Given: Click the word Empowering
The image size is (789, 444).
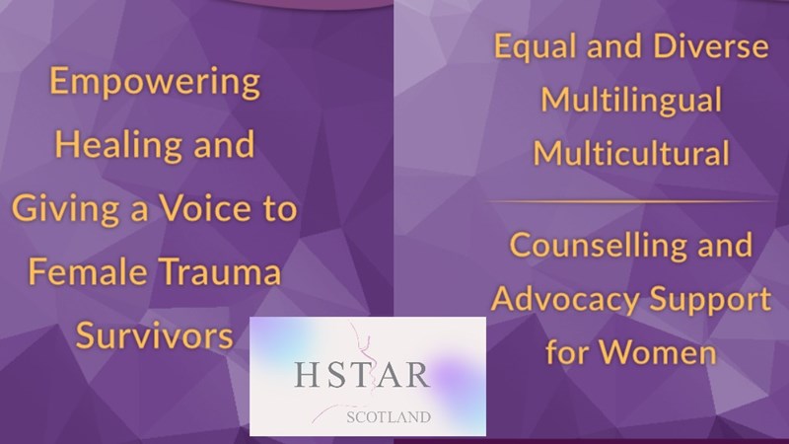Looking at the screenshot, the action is [x=155, y=82].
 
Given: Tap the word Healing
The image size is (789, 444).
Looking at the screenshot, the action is [x=118, y=145].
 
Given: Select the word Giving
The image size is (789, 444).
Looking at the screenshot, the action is [x=65, y=209].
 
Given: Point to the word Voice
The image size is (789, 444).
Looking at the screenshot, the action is [x=205, y=207].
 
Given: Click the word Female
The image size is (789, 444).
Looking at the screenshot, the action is [x=87, y=272].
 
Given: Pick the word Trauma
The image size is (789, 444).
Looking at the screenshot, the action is [x=221, y=272].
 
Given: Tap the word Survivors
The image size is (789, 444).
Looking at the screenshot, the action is [x=155, y=335].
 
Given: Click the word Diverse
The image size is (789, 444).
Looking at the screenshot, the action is [x=710, y=45].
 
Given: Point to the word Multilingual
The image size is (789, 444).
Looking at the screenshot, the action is [x=631, y=101].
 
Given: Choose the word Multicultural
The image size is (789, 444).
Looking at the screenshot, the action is [x=631, y=153].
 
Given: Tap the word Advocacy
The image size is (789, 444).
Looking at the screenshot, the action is [x=565, y=300].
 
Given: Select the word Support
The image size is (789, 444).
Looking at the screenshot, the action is [x=710, y=300].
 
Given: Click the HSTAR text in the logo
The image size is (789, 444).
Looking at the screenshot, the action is [x=362, y=375].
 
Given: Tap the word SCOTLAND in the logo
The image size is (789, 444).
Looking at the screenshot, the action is [x=389, y=416].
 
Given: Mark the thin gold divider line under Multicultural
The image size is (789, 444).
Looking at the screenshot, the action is [x=630, y=201].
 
